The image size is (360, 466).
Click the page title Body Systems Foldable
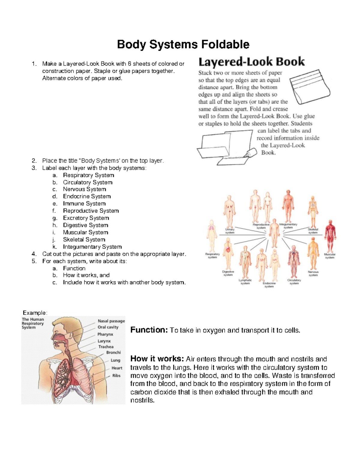[183, 44]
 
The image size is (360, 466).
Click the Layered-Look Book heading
[251, 62]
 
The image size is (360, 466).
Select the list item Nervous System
[84, 189]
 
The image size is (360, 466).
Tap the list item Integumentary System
[92, 247]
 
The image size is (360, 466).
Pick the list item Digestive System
[85, 225]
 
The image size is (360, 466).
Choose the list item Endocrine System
[87, 197]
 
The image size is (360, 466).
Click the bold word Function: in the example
[149, 330]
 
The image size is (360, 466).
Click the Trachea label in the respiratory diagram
[106, 347]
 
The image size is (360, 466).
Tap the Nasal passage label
[111, 321]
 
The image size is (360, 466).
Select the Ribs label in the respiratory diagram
[116, 376]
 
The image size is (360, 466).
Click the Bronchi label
[113, 353]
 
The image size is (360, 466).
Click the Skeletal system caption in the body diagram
[313, 231]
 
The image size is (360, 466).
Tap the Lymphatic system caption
[245, 282]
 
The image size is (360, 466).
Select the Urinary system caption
[230, 231]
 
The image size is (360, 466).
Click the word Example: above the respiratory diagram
[35, 313]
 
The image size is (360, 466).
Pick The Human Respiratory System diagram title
[33, 323]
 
